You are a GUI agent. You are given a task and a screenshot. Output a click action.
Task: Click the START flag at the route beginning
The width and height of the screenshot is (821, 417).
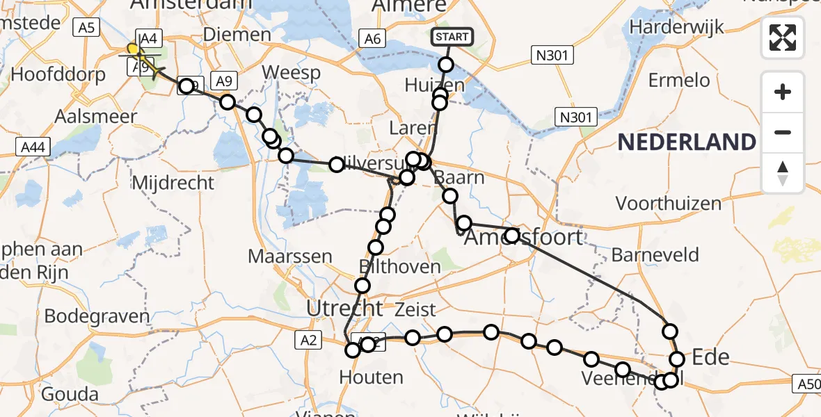click(453, 36)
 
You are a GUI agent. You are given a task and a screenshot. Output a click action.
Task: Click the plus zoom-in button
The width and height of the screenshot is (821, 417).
click(783, 92)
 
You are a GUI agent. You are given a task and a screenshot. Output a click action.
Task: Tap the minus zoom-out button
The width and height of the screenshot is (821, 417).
click(783, 132)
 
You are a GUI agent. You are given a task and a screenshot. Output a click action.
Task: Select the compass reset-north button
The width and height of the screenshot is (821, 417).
click(783, 172)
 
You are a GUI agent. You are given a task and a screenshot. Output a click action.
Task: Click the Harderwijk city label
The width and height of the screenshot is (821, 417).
click(676, 28)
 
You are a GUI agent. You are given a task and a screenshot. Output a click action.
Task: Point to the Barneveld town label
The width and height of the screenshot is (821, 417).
click(655, 254)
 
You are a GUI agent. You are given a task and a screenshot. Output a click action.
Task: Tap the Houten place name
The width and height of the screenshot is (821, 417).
click(371, 377)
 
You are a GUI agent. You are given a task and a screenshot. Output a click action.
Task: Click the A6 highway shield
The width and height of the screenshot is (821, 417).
click(372, 39)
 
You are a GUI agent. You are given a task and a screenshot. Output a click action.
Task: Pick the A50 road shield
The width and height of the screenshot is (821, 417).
click(806, 384)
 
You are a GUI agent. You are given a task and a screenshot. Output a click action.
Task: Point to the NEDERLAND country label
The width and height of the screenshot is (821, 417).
click(686, 142)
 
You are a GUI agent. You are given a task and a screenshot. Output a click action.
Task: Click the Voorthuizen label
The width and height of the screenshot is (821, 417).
click(668, 204)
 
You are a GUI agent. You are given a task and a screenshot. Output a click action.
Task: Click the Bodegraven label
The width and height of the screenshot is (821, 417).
click(97, 316)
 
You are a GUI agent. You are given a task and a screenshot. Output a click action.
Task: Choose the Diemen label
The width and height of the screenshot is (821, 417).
click(237, 34)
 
